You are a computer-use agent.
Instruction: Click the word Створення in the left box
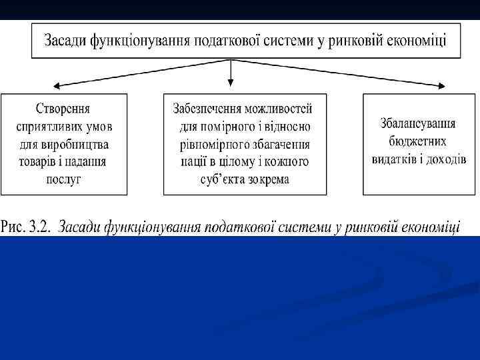pyautogui.click(x=63, y=109)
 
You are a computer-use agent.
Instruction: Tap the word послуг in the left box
pyautogui.click(x=63, y=179)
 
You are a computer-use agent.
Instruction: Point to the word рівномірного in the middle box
pyautogui.click(x=211, y=144)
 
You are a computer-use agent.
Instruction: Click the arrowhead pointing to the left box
pyautogui.click(x=57, y=85)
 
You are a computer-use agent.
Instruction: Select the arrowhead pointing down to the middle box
pyautogui.click(x=231, y=84)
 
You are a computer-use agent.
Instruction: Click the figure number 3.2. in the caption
pyautogui.click(x=39, y=227)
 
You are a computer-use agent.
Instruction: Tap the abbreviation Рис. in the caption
pyautogui.click(x=14, y=227)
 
